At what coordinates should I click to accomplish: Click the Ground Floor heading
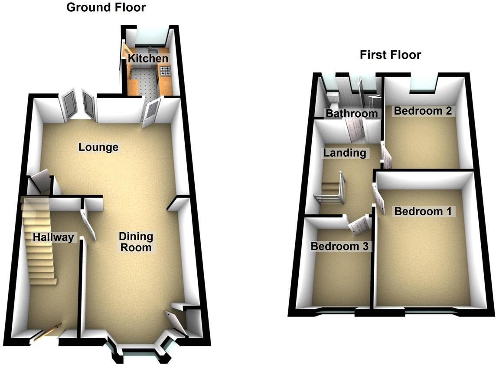(x=105, y=7)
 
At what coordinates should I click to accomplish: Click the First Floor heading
(x=390, y=55)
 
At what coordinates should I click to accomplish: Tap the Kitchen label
(x=147, y=59)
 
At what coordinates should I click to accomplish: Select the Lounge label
(x=98, y=147)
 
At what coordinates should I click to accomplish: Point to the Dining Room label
(x=136, y=242)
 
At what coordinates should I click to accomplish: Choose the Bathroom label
(x=352, y=114)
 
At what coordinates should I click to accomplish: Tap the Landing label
(x=344, y=153)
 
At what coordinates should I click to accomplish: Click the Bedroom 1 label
(x=423, y=211)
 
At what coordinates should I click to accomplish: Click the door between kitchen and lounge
(x=152, y=112)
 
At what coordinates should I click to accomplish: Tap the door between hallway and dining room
(x=89, y=224)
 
